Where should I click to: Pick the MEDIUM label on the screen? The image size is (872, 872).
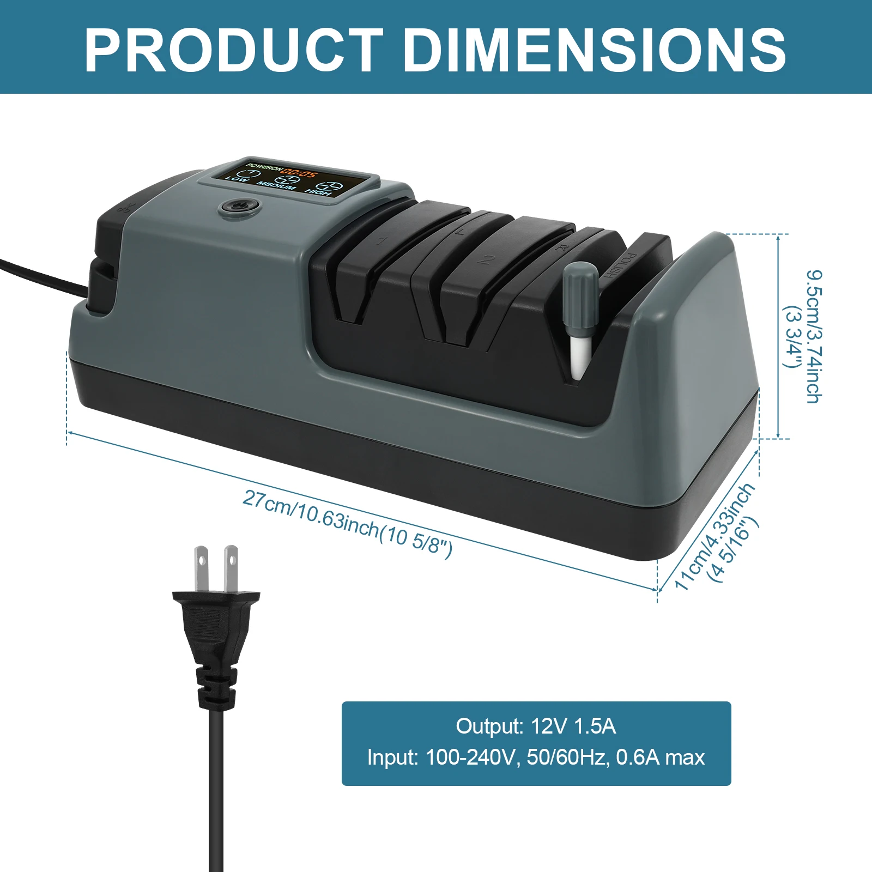[277, 186]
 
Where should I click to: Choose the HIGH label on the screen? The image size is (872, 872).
[318, 191]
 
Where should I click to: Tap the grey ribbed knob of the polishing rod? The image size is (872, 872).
[580, 297]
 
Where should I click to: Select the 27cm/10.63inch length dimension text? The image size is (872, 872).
[348, 523]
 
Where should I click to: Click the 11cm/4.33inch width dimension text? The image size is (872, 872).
[714, 537]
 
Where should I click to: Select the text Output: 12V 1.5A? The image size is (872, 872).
[536, 726]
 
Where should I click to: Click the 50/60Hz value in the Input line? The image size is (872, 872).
[567, 758]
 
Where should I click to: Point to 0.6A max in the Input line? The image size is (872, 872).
[660, 758]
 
